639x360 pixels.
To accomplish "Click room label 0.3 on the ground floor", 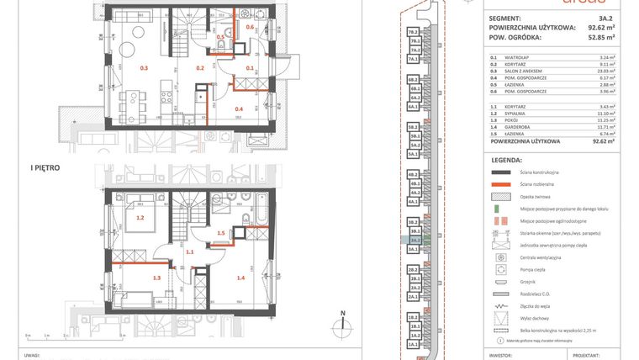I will pyautogui.click(x=144, y=67).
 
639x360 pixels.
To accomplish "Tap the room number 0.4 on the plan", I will pyautogui.click(x=239, y=109).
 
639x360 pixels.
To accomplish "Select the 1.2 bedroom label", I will pyautogui.click(x=140, y=218).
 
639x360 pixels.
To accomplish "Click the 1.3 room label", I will pyautogui.click(x=156, y=277).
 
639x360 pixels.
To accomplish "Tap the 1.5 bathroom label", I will pyautogui.click(x=221, y=233).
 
